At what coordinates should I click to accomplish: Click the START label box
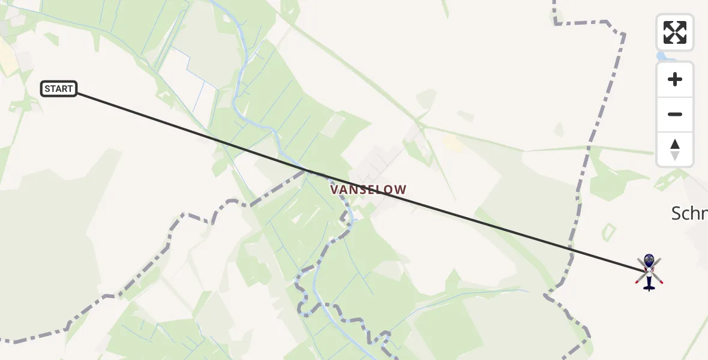[x=59, y=89]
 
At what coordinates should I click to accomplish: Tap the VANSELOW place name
[x=368, y=190]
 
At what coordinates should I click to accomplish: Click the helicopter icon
[x=649, y=271]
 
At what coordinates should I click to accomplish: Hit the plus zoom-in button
[x=675, y=79]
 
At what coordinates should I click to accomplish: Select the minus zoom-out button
[x=675, y=114]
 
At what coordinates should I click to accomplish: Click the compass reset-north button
[x=675, y=149]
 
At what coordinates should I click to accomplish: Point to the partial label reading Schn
[x=690, y=213]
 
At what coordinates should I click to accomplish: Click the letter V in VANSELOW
[x=334, y=190]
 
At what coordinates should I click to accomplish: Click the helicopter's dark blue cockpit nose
[x=649, y=260]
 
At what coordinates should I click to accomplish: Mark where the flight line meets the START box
[x=77, y=94]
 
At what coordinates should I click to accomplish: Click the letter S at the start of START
[x=47, y=89]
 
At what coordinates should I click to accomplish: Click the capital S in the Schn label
[x=677, y=213]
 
